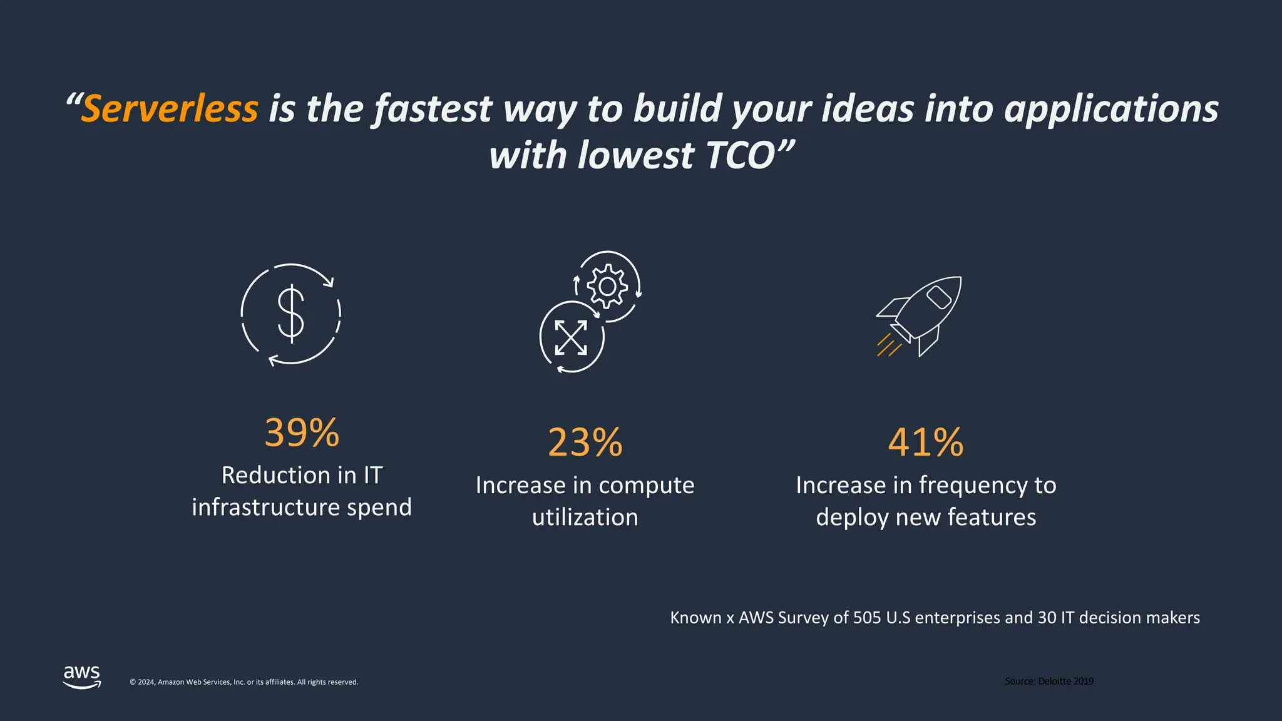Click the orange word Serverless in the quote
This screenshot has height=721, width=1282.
pyautogui.click(x=170, y=109)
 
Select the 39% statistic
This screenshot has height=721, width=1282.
pyautogui.click(x=302, y=432)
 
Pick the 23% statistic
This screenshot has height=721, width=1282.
pyautogui.click(x=585, y=442)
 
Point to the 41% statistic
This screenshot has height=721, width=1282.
pyautogui.click(x=926, y=442)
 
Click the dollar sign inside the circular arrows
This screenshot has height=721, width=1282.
pyautogui.click(x=291, y=314)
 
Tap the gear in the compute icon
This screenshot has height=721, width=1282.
pyautogui.click(x=607, y=287)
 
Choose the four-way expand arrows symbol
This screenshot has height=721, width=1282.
pyautogui.click(x=571, y=337)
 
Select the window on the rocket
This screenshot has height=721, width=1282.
pyautogui.click(x=939, y=297)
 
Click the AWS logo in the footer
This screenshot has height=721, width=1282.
pyautogui.click(x=82, y=677)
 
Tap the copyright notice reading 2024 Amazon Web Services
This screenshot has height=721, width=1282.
pyautogui.click(x=244, y=682)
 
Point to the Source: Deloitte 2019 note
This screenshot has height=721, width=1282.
pyautogui.click(x=1049, y=681)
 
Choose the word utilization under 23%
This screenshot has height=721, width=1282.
pyautogui.click(x=585, y=518)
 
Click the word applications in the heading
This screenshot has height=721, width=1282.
pyautogui.click(x=1111, y=109)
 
